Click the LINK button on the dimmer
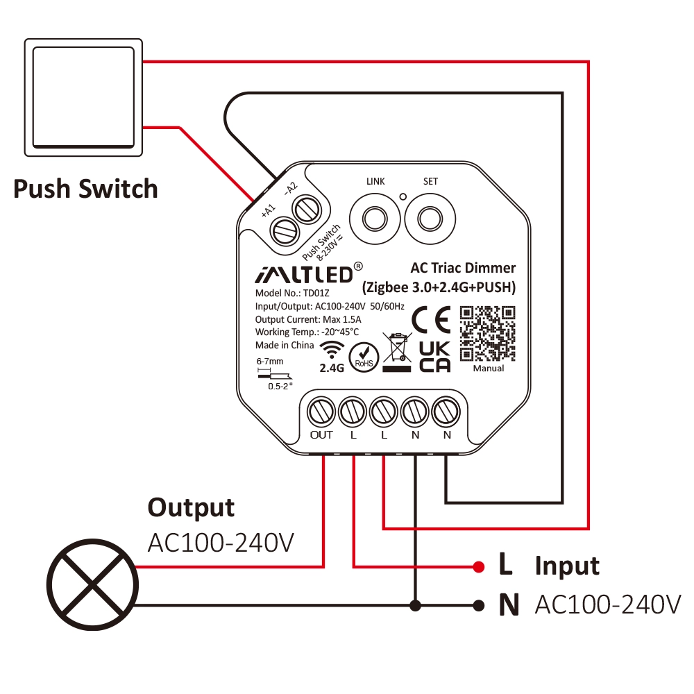tap(375, 219)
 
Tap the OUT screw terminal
tap(321, 412)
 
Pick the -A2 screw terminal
tap(306, 210)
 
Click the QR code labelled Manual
tap(487, 334)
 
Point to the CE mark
tap(431, 319)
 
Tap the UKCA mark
tap(434, 357)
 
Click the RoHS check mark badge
tap(364, 357)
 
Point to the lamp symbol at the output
tap(92, 584)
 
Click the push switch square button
tap(83, 97)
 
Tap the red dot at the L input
tap(478, 566)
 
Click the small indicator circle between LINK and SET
tap(403, 197)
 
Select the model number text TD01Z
tap(316, 293)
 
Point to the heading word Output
tap(191, 507)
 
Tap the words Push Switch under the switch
tap(85, 189)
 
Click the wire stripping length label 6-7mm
tap(269, 361)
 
